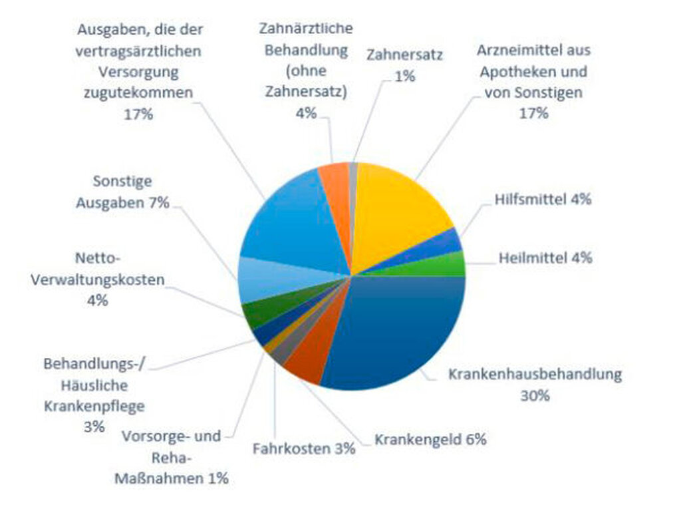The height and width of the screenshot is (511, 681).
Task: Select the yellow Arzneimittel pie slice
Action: tap(399, 213)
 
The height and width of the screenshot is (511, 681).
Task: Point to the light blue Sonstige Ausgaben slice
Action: tap(259, 283)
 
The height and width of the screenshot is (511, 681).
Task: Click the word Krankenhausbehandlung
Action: tap(535, 374)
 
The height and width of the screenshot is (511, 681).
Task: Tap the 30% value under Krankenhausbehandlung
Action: tap(535, 395)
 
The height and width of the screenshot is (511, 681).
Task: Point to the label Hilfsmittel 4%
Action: tap(543, 199)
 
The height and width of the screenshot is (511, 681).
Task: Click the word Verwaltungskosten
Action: tap(97, 279)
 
